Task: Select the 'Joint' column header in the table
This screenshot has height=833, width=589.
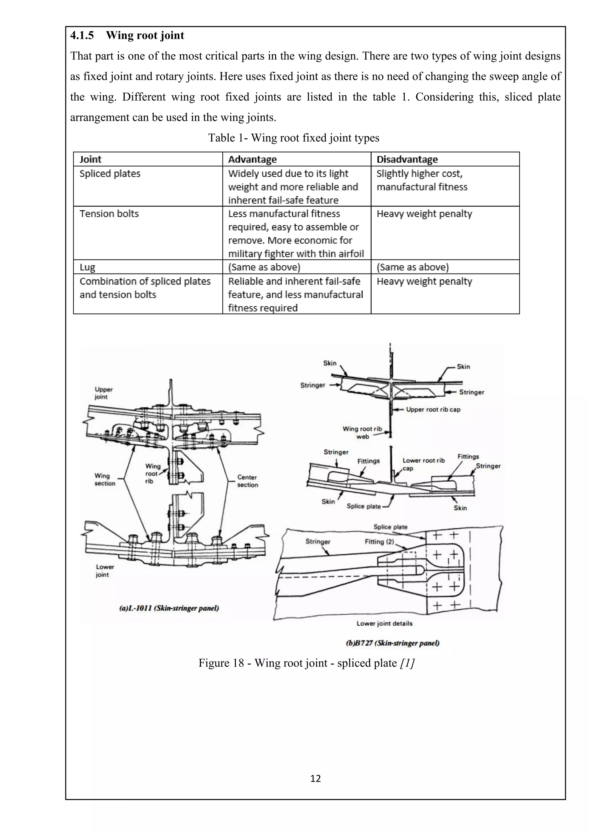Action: (90, 159)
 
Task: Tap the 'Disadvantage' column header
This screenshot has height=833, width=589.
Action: (407, 159)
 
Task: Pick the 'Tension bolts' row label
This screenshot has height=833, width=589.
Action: (109, 213)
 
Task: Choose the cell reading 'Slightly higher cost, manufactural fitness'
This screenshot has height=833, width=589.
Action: (422, 180)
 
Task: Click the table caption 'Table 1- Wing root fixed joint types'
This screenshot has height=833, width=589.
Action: (293, 138)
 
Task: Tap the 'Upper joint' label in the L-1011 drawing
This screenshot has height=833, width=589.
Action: (104, 393)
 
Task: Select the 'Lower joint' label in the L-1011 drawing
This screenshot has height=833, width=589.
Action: (105, 570)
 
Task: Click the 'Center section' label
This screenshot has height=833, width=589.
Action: (247, 481)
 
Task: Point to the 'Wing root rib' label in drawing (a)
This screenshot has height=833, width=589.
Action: (152, 473)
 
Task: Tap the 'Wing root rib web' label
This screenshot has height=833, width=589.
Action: (362, 432)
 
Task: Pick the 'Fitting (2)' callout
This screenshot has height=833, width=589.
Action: (379, 542)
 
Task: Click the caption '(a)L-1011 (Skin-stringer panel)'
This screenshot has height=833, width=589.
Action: (169, 608)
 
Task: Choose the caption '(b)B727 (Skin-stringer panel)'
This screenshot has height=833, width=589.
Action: (392, 643)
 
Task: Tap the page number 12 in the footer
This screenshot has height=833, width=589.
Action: (315, 779)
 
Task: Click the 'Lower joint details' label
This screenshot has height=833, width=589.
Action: (385, 623)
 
